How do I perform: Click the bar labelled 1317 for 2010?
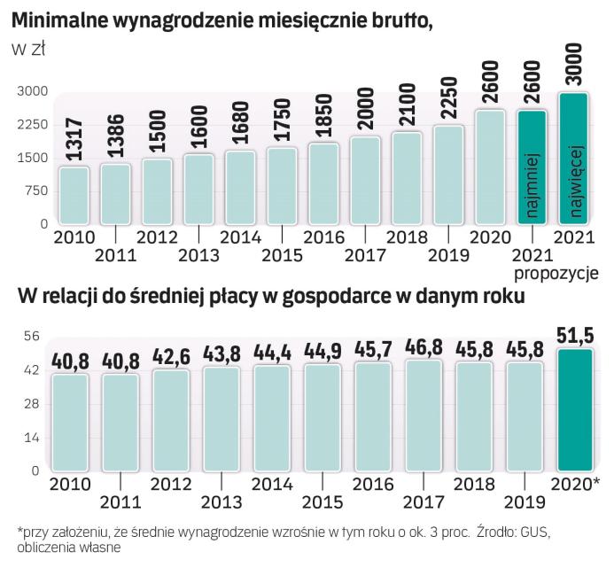coord(75,195)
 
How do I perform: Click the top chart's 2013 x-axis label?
coord(199,256)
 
